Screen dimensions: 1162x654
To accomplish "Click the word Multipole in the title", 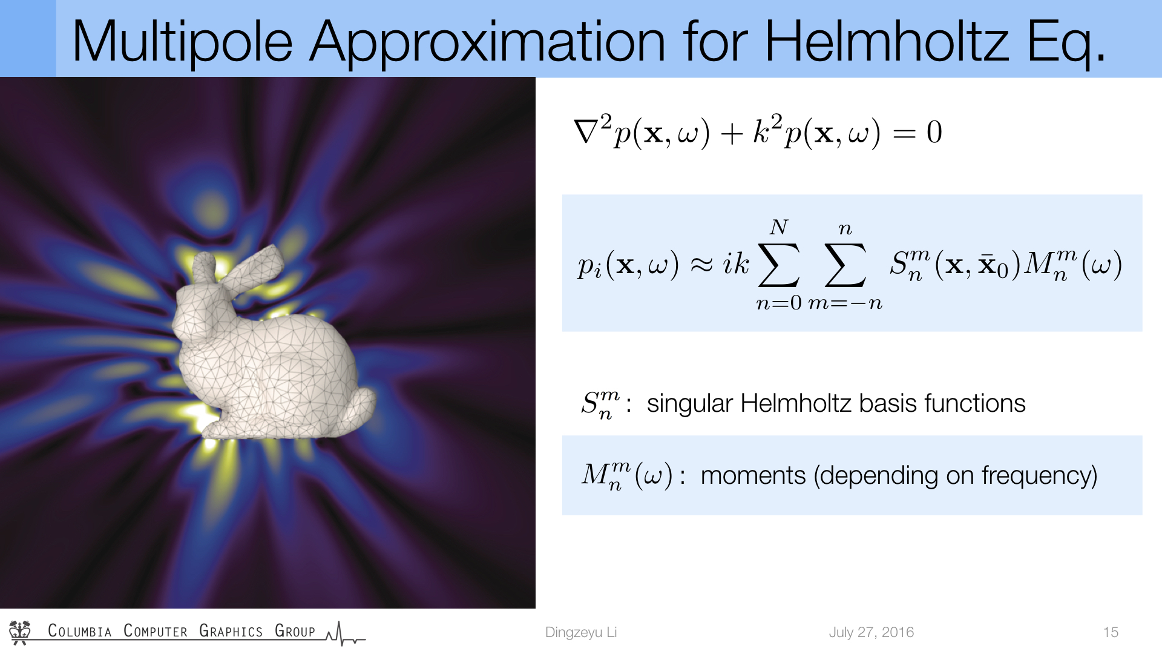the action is (182, 42).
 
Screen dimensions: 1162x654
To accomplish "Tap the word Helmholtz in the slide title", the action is (888, 41).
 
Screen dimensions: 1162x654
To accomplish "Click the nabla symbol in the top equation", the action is (586, 132).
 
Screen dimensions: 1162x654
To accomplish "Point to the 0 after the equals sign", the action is (934, 132).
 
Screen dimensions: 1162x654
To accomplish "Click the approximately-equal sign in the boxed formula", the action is (701, 265).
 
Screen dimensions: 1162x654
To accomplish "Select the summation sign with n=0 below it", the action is (779, 265).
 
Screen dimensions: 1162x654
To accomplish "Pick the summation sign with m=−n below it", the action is (845, 265).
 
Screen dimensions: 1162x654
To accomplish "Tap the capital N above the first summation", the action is (779, 227).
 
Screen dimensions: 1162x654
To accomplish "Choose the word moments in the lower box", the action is (753, 475).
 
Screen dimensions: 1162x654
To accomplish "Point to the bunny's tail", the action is (359, 409).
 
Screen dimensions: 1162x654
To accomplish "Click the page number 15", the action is (1111, 632).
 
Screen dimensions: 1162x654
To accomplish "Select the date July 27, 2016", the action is (871, 632).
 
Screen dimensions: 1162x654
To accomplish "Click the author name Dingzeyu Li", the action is (581, 632).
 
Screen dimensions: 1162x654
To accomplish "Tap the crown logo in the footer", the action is (20, 632).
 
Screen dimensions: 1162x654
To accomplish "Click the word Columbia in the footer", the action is (80, 631).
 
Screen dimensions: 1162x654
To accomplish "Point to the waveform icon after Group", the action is (346, 633).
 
